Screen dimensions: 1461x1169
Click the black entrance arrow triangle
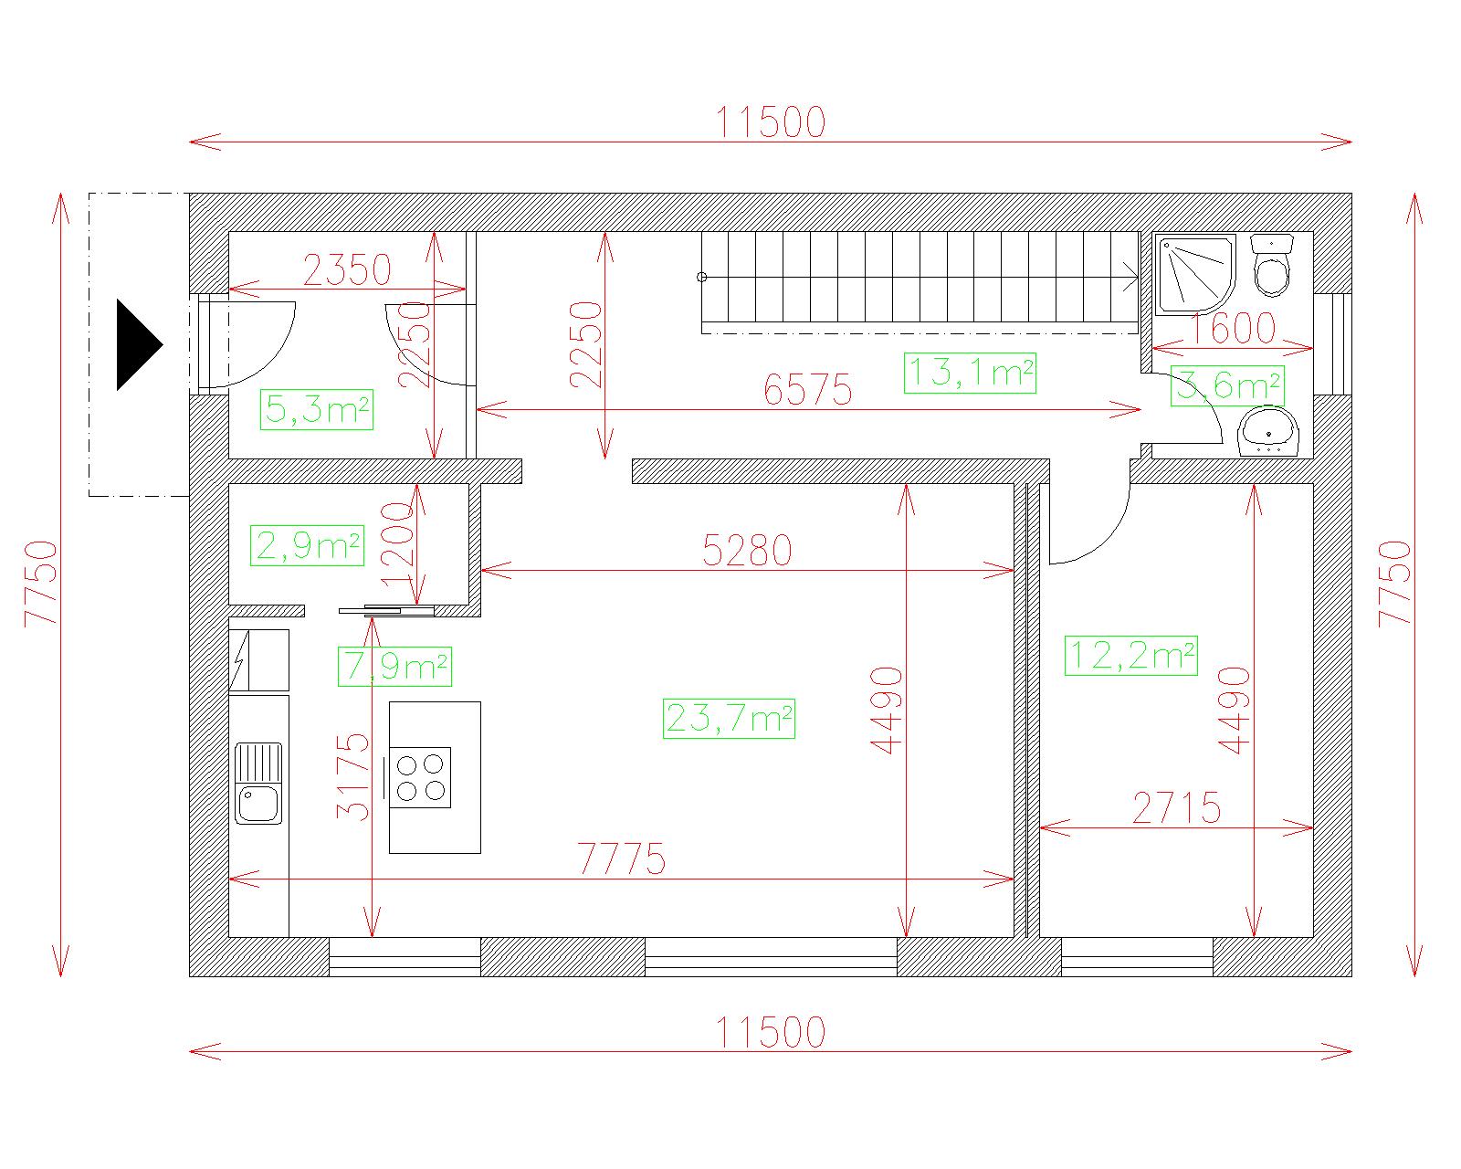(x=139, y=345)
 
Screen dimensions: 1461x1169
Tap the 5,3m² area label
(x=316, y=409)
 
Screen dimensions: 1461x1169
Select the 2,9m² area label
(x=307, y=545)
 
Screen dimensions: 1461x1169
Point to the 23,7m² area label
(x=729, y=719)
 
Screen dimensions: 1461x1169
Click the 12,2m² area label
(x=1130, y=656)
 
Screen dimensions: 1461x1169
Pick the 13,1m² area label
(x=970, y=373)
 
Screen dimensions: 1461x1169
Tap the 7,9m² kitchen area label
(x=394, y=667)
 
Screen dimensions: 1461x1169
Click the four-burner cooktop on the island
(x=420, y=778)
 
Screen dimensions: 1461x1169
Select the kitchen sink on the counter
(x=258, y=784)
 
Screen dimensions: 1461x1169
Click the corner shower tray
(x=1195, y=274)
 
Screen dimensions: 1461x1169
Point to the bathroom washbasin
(x=1268, y=432)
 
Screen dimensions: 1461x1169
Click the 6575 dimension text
(x=808, y=390)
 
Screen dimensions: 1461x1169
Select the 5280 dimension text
(x=748, y=550)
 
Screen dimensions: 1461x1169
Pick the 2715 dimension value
(x=1177, y=807)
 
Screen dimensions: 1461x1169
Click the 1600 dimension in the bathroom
(x=1232, y=329)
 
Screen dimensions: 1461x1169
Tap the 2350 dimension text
(x=347, y=269)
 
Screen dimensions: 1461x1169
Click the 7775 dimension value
(x=622, y=858)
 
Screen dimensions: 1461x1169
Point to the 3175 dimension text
(x=353, y=777)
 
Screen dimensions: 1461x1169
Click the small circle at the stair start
(x=702, y=277)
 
